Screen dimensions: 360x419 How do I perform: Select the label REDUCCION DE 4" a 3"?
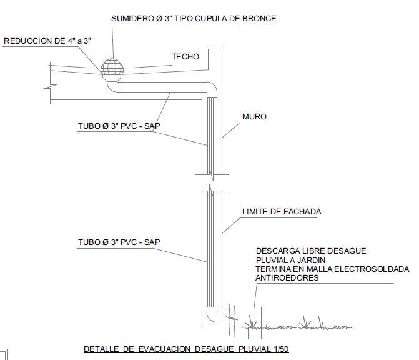pyautogui.click(x=48, y=41)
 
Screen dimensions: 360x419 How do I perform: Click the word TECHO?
pyautogui.click(x=185, y=57)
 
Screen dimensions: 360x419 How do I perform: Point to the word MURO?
pyautogui.click(x=255, y=117)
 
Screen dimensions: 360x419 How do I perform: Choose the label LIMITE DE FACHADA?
pyautogui.click(x=282, y=212)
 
